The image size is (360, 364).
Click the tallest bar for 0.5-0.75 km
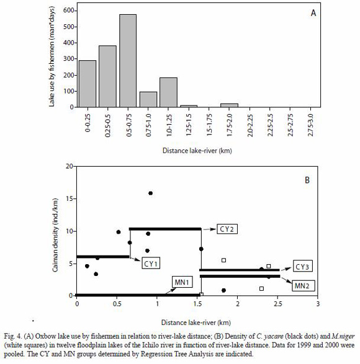(x=128, y=61)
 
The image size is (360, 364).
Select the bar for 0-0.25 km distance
(x=88, y=84)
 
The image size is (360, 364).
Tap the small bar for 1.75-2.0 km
(x=229, y=105)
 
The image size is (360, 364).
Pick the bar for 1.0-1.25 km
(x=168, y=92)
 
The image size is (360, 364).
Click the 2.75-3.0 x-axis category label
(x=310, y=125)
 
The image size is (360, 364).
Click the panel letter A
(x=313, y=13)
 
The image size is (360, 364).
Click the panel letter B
(x=307, y=180)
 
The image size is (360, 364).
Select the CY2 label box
(x=227, y=229)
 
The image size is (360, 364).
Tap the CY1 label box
(x=151, y=264)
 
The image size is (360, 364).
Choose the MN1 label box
(x=182, y=282)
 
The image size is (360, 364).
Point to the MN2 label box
(x=303, y=285)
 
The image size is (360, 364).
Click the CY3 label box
(x=302, y=267)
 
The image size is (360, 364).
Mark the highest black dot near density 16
(x=150, y=193)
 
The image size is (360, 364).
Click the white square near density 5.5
(x=223, y=260)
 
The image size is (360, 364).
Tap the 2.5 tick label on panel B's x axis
(x=277, y=304)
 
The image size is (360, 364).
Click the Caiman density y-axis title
(x=55, y=235)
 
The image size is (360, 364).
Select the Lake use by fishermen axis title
(x=52, y=56)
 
